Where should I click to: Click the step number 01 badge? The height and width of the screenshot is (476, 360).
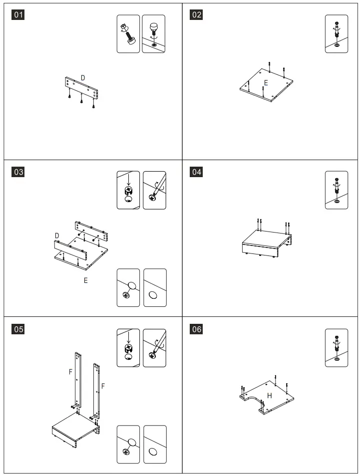pos(18,15)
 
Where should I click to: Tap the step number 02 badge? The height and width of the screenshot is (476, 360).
pos(197,15)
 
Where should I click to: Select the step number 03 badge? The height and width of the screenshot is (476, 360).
pos(18,172)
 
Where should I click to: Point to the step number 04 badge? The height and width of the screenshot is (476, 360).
pos(197,172)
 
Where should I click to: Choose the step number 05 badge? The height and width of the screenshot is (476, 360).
pos(18,329)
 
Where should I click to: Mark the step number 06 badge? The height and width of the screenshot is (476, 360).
pos(197,329)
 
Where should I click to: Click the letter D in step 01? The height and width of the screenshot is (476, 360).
pos(83,78)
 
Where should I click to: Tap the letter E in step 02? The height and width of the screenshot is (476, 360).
pos(266,83)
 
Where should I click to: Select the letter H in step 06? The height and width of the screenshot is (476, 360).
pos(269,395)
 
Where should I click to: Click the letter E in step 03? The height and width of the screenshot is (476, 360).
pos(85,281)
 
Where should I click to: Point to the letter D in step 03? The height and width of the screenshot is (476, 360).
pos(57,235)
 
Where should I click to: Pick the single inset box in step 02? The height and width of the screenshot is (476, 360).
pos(337,34)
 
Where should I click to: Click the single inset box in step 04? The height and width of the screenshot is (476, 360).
pos(337,190)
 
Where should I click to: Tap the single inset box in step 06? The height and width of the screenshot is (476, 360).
pos(337,348)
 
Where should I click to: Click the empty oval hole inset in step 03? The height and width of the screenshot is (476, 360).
pos(155,288)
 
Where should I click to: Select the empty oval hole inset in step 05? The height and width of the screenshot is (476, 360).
pos(155,444)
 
